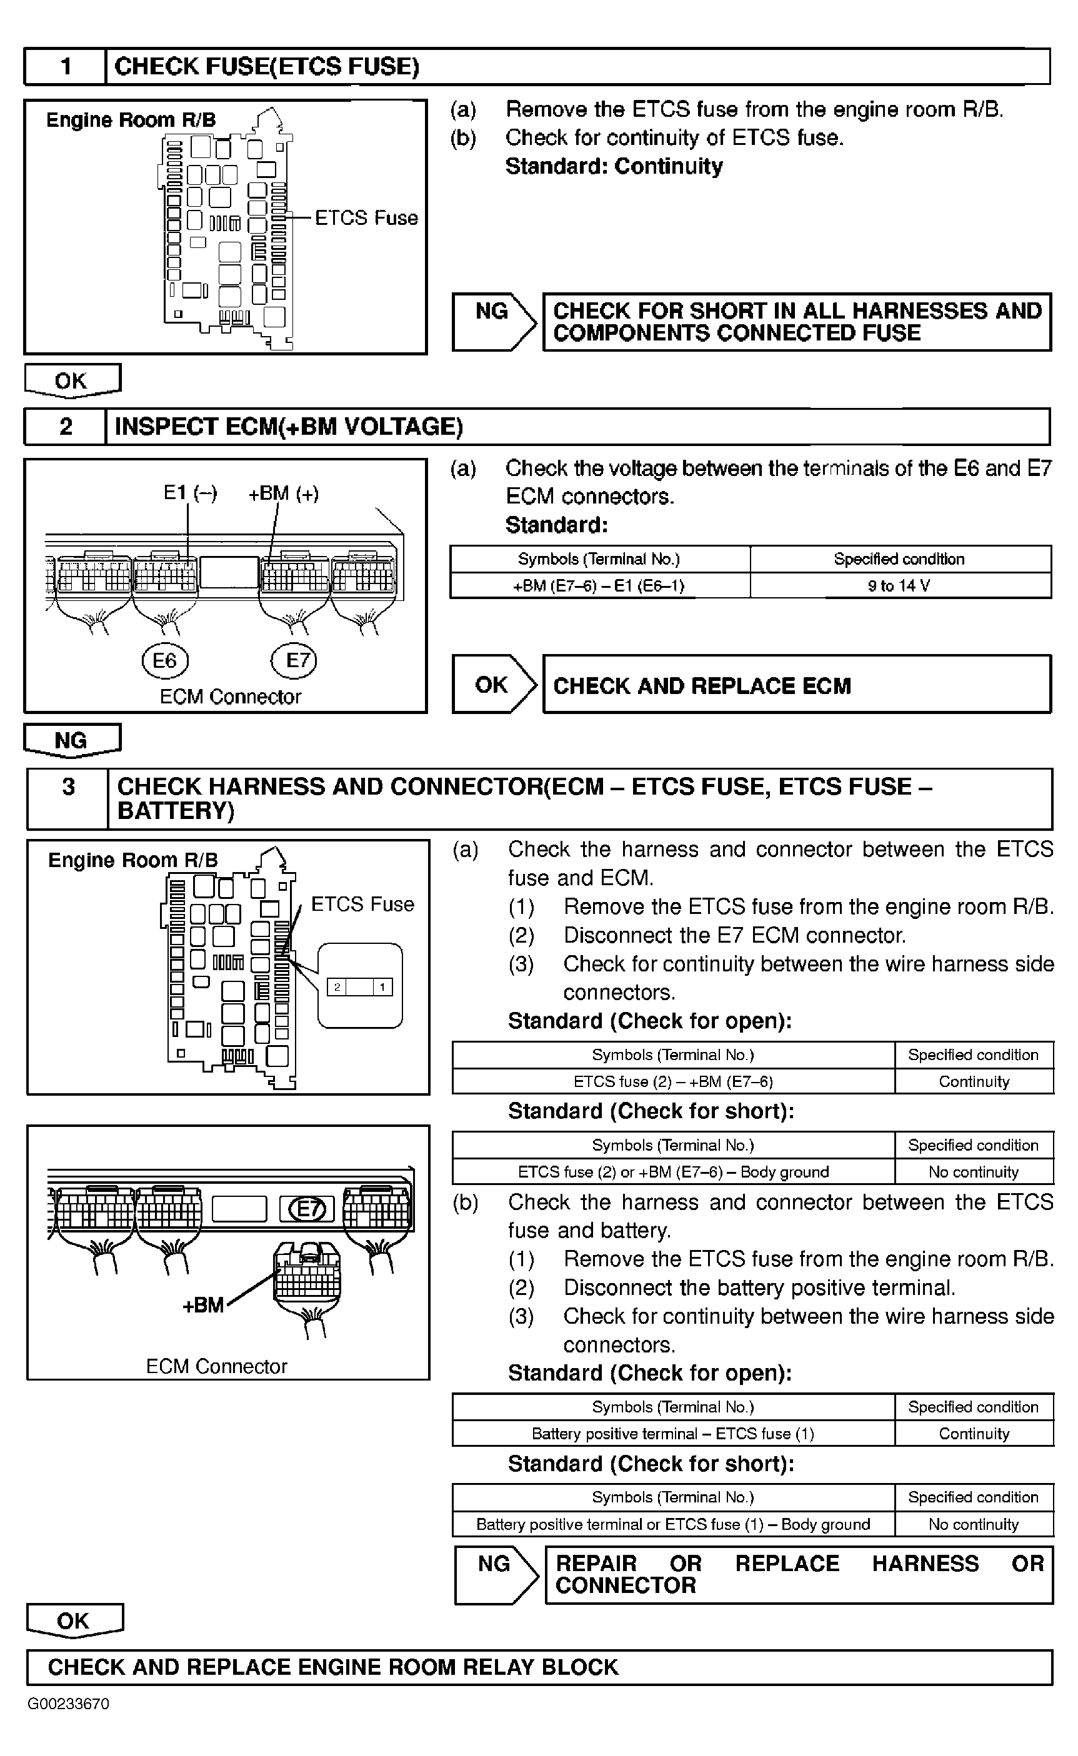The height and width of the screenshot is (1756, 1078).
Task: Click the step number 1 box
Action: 66,67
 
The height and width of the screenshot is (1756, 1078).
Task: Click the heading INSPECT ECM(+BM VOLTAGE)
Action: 289,426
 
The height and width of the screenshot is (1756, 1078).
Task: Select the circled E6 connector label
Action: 165,661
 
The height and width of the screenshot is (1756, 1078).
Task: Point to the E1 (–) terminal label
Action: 191,492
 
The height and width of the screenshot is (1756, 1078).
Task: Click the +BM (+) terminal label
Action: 283,493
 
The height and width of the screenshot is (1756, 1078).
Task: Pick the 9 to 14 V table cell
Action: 899,586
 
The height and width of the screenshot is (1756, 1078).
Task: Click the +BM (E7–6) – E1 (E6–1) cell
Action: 599,586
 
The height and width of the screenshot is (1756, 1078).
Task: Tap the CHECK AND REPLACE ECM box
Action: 796,685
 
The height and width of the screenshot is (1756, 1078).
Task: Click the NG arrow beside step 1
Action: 493,322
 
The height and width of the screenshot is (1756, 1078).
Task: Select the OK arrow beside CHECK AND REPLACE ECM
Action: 493,685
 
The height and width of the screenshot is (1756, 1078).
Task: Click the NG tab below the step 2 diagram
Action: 71,740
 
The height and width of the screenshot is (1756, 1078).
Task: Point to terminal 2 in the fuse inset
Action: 337,987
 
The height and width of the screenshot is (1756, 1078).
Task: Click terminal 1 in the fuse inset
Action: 383,987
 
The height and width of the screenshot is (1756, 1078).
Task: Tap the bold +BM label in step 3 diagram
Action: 203,1305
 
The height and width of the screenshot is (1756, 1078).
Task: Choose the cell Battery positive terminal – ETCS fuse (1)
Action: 672,1433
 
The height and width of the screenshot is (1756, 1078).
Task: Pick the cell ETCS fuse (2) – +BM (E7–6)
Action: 672,1081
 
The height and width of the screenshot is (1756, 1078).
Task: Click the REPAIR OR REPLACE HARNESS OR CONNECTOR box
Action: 799,1574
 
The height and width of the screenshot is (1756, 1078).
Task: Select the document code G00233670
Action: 69,1704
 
